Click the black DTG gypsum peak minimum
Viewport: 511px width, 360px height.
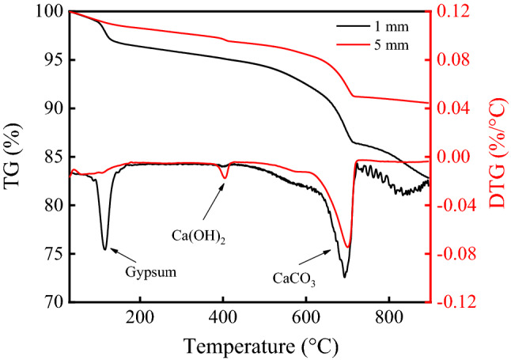click(x=104, y=249)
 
